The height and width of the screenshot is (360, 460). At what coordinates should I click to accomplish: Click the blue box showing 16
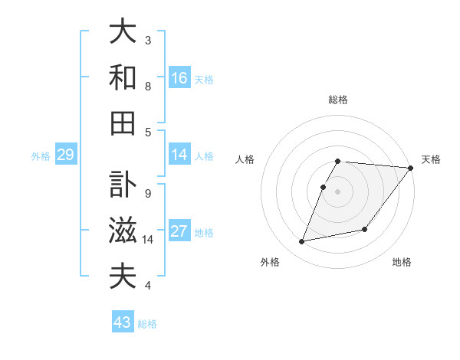(x=179, y=78)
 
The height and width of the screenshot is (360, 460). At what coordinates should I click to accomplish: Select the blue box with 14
(x=179, y=155)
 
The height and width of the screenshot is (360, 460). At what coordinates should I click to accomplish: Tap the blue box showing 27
(x=179, y=231)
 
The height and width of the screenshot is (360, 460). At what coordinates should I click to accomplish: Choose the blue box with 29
(x=65, y=155)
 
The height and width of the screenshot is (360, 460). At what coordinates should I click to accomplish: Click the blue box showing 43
(x=123, y=322)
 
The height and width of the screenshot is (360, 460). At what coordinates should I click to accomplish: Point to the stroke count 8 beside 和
(x=147, y=86)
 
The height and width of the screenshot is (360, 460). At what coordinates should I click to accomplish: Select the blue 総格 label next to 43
(x=147, y=324)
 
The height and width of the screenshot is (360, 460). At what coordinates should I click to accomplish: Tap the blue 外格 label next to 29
(x=41, y=156)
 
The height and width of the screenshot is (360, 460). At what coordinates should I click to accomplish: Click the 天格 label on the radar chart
(x=431, y=159)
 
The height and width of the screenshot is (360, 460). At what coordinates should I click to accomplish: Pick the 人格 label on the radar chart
(x=245, y=159)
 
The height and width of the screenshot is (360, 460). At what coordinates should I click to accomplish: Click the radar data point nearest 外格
(x=302, y=242)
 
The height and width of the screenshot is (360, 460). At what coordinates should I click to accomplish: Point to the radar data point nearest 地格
(x=365, y=229)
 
